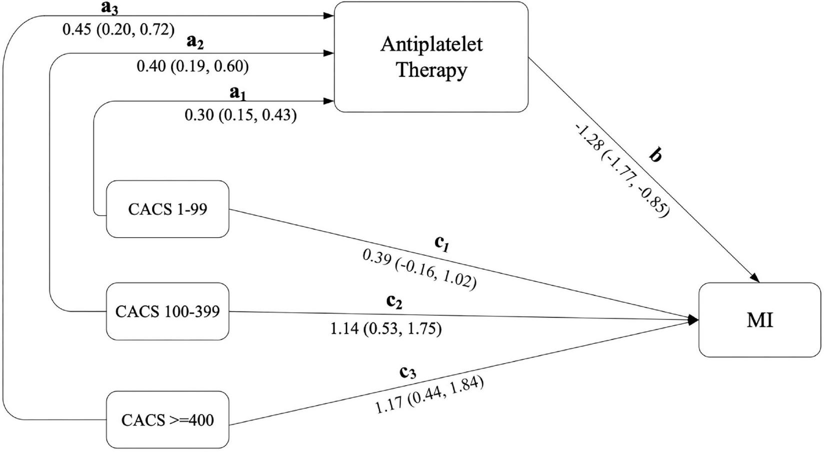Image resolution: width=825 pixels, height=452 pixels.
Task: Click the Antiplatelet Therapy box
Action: (431, 57)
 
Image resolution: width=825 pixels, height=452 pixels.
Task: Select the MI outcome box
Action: (759, 320)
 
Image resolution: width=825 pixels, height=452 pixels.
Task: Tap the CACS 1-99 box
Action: (167, 209)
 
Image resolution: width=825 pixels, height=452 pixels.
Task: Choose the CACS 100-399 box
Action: (167, 311)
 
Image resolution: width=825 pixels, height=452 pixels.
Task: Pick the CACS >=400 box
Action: (167, 419)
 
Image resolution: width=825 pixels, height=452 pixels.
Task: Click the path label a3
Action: (109, 9)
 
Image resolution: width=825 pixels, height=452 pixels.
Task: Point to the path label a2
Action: (194, 43)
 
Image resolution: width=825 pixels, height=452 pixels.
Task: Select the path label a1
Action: (237, 93)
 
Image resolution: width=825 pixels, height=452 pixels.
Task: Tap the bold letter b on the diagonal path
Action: (655, 156)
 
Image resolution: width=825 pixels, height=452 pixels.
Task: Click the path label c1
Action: (440, 243)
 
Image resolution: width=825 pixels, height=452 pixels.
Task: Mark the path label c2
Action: (393, 301)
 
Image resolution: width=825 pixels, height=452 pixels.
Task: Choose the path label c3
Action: (407, 372)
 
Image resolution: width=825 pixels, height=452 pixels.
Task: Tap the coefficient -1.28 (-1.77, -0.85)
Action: (622, 171)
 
